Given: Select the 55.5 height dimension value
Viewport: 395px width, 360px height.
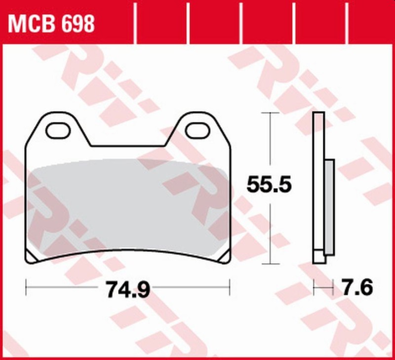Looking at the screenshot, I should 270,185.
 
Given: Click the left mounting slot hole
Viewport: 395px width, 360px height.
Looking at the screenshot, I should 58,130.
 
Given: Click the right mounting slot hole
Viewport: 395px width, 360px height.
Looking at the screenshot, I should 199,130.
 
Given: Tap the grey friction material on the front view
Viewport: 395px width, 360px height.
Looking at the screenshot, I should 128,207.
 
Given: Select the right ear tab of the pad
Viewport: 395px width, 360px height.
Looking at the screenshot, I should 199,123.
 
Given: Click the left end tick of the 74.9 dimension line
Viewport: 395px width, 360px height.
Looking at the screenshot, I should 26,285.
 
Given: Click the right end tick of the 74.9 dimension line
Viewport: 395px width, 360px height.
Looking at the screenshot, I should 230,285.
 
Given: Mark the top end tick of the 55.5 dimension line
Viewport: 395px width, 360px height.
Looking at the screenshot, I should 270,113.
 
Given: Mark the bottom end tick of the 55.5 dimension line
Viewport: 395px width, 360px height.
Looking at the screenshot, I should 270,264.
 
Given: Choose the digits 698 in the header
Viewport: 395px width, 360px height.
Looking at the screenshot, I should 78,23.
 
